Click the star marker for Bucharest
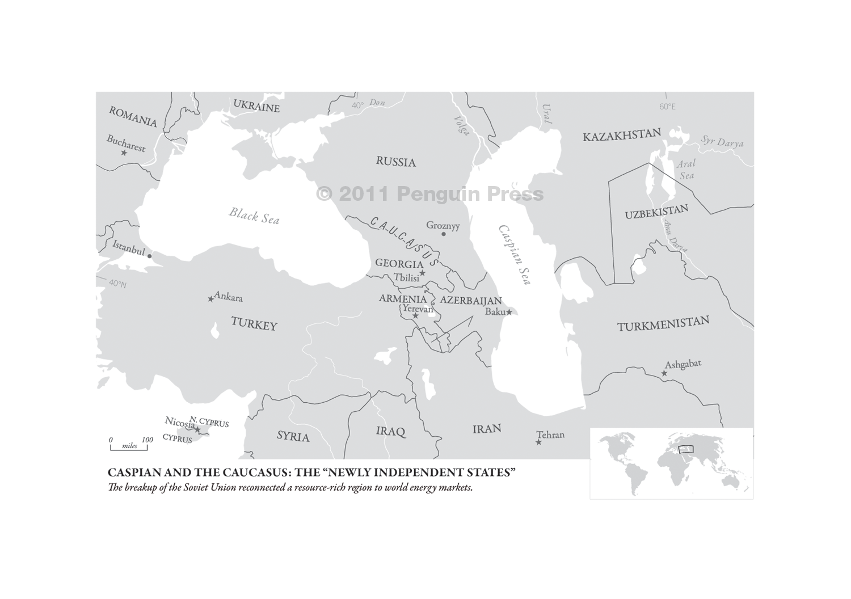point(124,153)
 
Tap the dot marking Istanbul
point(149,256)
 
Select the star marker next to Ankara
point(211,298)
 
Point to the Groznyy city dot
point(444,234)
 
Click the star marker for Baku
point(509,311)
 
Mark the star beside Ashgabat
point(664,373)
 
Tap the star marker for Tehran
point(538,442)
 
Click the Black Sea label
point(254,216)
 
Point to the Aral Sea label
point(686,170)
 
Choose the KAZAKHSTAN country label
point(622,135)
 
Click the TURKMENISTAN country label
point(663,324)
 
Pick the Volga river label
point(462,125)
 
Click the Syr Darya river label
point(722,141)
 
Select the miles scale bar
point(129,448)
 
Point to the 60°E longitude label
point(667,107)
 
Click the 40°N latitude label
point(117,284)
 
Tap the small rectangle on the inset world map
point(685,450)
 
